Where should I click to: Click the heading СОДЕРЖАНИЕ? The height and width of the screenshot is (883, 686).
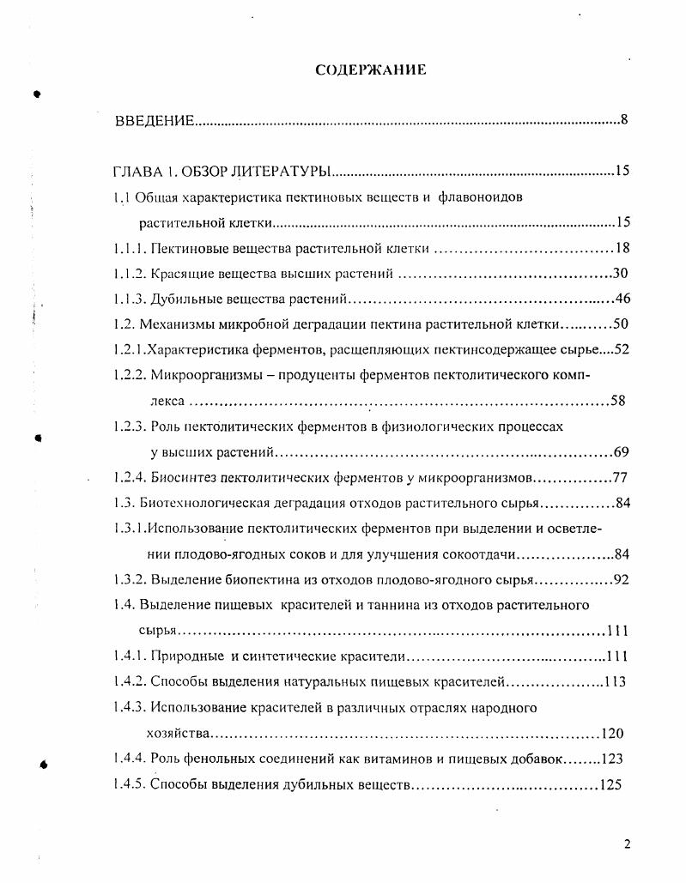tap(370, 70)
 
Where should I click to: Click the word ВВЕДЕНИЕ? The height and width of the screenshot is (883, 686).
tap(155, 120)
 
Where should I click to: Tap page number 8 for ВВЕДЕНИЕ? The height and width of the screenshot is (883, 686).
tap(623, 119)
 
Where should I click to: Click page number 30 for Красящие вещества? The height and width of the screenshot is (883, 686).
tap(622, 274)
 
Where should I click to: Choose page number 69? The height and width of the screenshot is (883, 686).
tap(622, 452)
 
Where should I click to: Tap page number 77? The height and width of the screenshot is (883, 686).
tap(622, 477)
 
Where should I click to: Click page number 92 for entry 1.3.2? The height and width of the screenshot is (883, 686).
tap(622, 579)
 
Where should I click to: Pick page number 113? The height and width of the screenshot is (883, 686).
tap(614, 682)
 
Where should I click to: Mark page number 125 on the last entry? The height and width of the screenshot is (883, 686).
tap(611, 784)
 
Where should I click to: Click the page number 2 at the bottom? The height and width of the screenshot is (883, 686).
tap(627, 844)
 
